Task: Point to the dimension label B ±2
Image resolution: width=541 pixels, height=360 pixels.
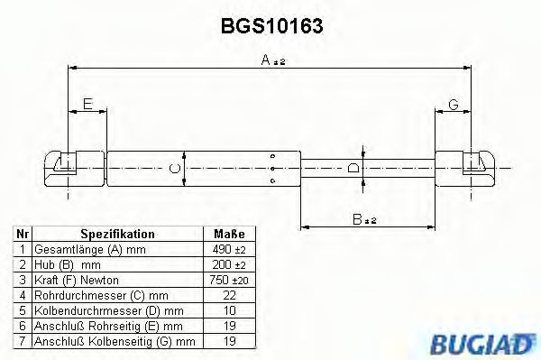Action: click(363, 217)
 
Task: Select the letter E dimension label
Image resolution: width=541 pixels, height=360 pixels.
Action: click(87, 105)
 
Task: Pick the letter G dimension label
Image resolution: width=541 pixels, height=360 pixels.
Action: click(453, 105)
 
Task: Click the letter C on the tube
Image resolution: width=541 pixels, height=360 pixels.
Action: click(174, 166)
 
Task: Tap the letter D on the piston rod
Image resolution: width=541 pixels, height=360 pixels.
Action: click(353, 166)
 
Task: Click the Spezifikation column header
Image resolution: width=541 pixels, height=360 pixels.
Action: click(117, 233)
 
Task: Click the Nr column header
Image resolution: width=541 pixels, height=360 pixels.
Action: click(22, 233)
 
